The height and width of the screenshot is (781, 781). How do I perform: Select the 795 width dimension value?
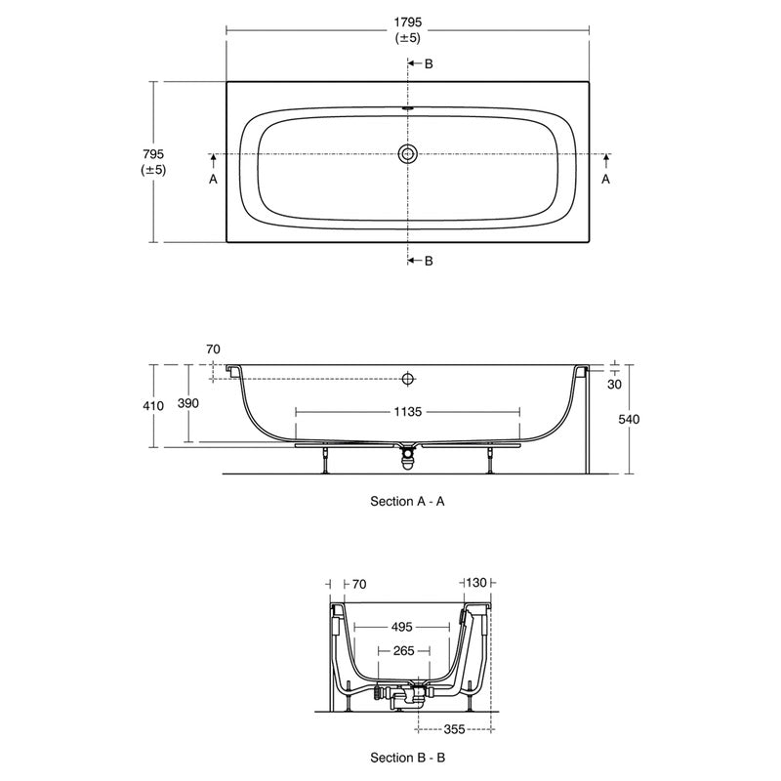click(152, 154)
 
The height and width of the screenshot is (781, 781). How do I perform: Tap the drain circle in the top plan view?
click(408, 154)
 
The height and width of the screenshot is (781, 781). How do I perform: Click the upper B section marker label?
click(428, 63)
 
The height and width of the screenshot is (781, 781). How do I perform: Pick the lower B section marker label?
click(428, 261)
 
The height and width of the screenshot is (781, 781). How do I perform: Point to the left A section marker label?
click(212, 180)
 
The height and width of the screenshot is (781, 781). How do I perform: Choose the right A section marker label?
click(605, 180)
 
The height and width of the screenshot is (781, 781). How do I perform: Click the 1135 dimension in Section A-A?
click(408, 412)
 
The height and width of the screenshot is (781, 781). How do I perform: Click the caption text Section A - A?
click(408, 501)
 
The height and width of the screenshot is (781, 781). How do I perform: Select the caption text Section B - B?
click(408, 757)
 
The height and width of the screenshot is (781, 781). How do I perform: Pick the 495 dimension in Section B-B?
click(403, 627)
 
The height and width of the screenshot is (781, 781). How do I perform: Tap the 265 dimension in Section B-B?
click(403, 650)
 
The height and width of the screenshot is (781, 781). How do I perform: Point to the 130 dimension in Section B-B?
click(477, 584)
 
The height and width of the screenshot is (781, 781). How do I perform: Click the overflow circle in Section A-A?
click(408, 378)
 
